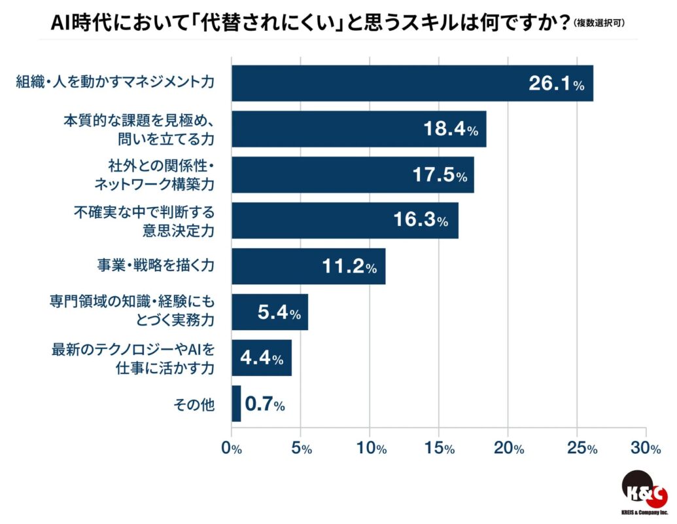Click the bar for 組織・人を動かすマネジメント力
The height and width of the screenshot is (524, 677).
coord(412,83)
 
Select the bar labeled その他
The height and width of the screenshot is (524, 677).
coord(236,403)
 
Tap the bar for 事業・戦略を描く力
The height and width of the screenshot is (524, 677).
coord(308,266)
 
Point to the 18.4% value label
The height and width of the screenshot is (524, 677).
coord(451,130)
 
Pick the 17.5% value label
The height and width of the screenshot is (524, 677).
coord(440,176)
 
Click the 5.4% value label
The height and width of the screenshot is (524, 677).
coord(279,313)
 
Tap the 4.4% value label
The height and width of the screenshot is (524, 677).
coord(262,358)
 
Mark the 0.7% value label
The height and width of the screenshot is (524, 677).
coord(264,405)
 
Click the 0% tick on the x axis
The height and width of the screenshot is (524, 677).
coord(232,449)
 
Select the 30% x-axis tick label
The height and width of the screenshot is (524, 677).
coord(646,449)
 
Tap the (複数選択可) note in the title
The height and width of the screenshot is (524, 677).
coord(599,24)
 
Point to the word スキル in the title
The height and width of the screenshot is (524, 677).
coord(419,22)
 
